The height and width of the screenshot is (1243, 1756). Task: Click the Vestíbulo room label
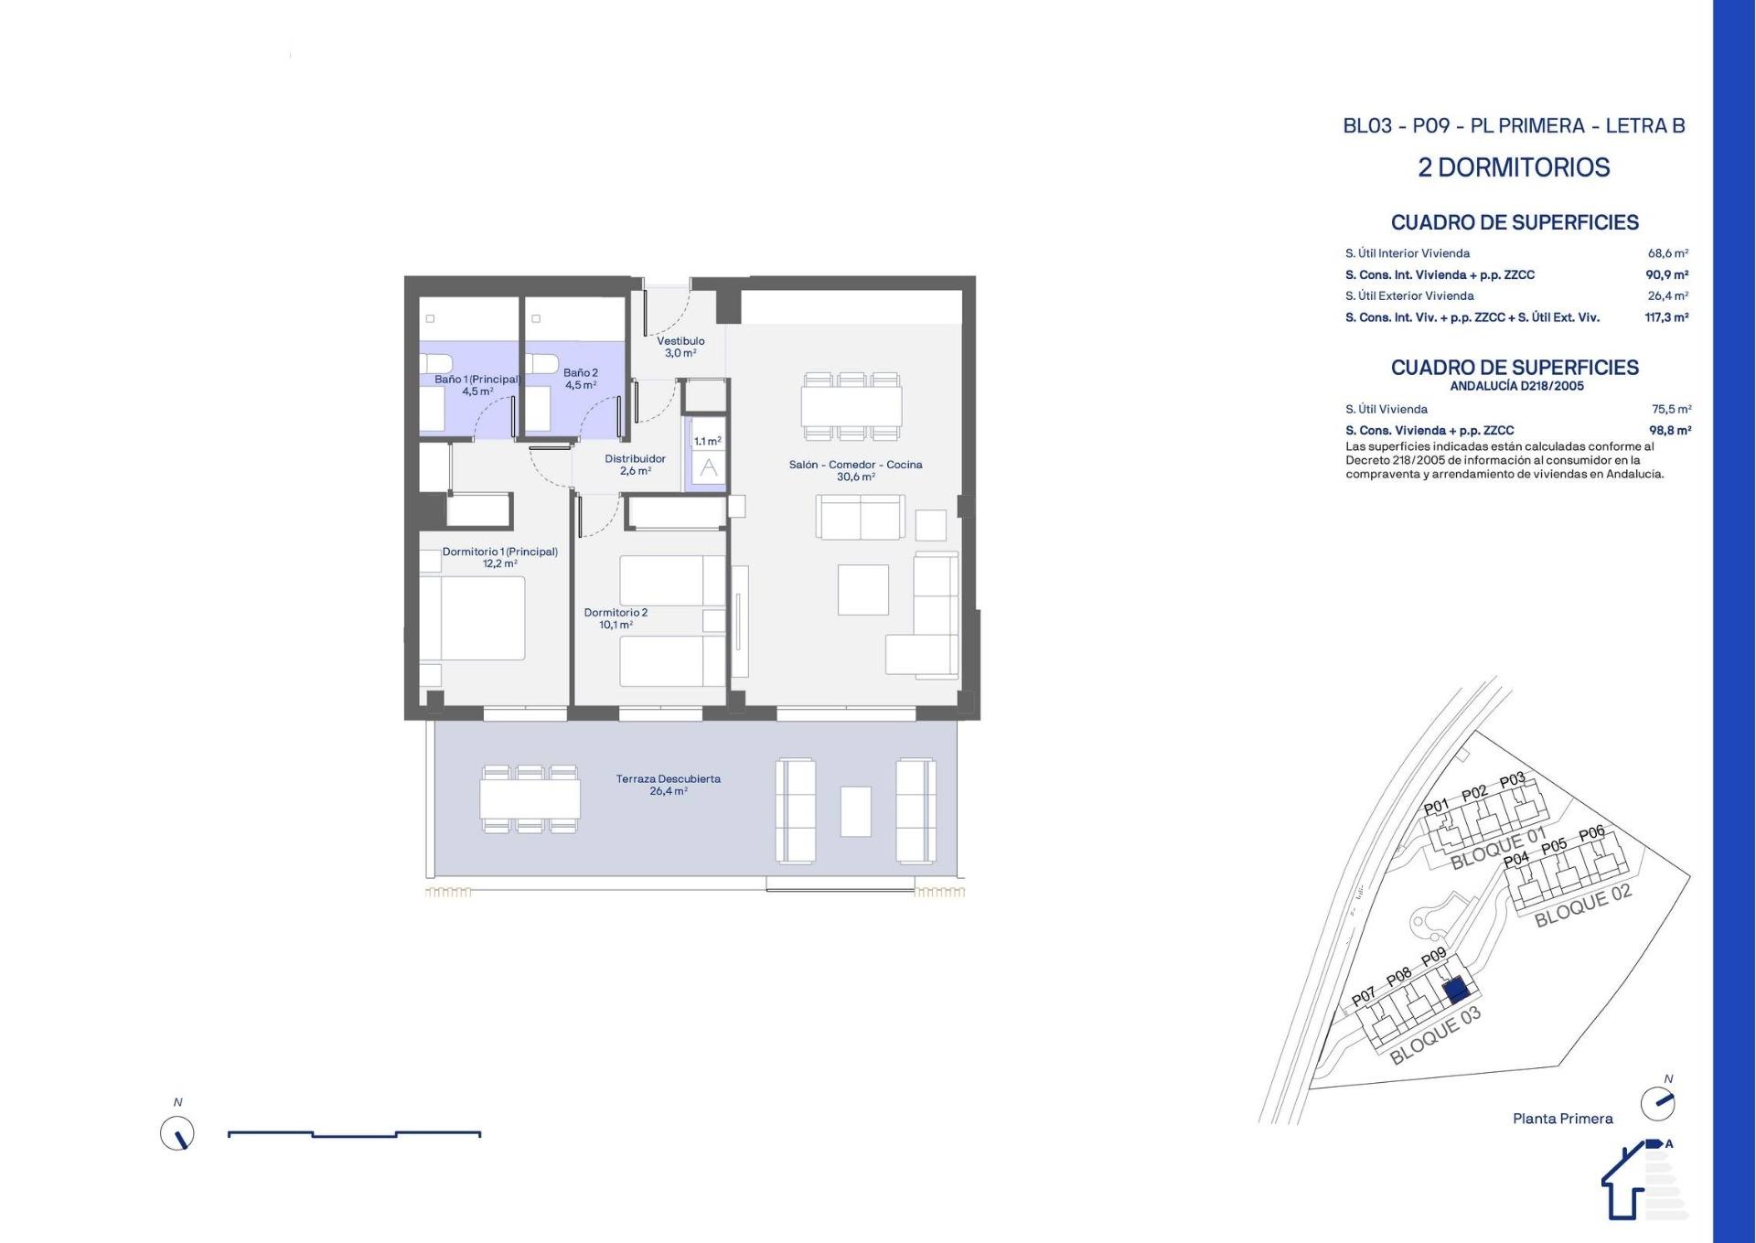click(680, 341)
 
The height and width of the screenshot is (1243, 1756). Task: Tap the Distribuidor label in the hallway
click(635, 459)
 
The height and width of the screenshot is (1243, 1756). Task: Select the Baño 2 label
click(581, 373)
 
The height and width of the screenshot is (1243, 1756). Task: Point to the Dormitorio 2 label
click(616, 613)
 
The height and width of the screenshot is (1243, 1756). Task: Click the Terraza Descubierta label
click(669, 779)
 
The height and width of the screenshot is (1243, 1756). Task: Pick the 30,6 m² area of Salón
click(855, 477)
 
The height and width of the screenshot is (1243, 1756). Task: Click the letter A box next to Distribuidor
click(709, 468)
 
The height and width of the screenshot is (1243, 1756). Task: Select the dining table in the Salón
click(851, 406)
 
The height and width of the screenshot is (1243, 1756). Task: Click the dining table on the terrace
click(530, 799)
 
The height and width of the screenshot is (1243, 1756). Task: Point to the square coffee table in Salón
click(863, 590)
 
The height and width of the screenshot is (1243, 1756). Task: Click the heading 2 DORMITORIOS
click(1514, 167)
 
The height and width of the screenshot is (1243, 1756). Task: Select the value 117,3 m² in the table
click(1666, 317)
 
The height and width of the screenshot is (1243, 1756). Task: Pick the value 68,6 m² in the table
click(1668, 253)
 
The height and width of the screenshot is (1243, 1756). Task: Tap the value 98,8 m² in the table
click(1670, 430)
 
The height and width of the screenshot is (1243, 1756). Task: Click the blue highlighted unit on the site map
click(1455, 990)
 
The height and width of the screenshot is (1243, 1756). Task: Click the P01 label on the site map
click(1437, 807)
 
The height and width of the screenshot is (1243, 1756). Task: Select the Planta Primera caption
click(1563, 1119)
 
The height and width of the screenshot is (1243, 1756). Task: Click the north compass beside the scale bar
click(177, 1134)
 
